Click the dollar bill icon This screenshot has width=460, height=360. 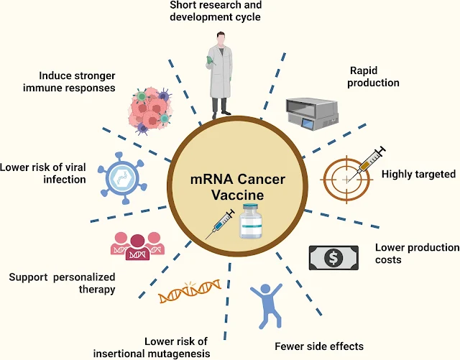[333, 257]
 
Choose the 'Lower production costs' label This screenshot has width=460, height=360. [417, 253]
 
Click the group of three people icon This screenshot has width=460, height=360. [133, 245]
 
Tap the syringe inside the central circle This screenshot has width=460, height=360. [219, 224]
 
